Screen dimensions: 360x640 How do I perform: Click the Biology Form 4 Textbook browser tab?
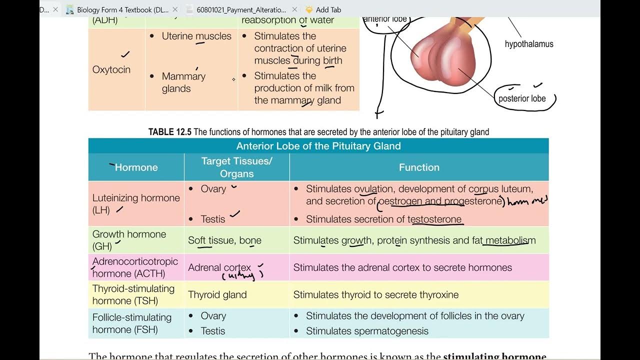point(122,9)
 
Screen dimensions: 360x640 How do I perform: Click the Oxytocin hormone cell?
point(111,69)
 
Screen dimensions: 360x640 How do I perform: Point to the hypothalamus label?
point(529,44)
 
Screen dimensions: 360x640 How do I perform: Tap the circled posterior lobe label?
point(522,98)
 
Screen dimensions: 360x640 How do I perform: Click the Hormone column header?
point(136,167)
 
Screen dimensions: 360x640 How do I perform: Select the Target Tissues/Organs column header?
point(236,167)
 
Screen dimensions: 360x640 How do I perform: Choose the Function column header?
point(419,167)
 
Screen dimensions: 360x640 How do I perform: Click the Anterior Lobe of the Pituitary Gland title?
point(318,146)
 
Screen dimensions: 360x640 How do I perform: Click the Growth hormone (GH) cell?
point(129,240)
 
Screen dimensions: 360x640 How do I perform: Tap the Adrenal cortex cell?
point(219,268)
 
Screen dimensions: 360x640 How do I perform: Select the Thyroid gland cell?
point(217,295)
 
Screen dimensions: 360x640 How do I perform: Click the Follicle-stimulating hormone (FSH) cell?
point(132,323)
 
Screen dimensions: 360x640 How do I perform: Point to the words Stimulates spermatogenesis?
point(367,331)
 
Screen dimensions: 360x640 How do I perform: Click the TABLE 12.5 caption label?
point(170,132)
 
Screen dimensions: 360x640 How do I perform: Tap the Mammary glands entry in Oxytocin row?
point(183,82)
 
